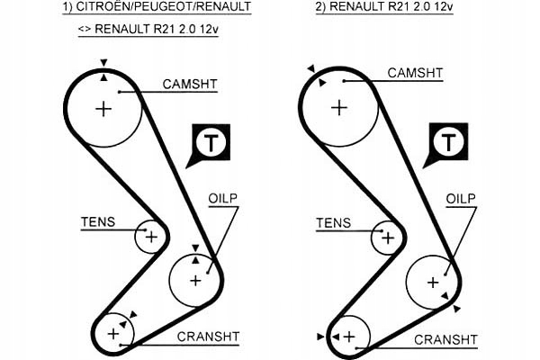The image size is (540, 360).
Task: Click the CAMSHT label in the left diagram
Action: click(x=190, y=84)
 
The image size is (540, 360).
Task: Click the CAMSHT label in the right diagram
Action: click(x=415, y=73)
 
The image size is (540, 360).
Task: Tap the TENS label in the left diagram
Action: click(x=98, y=222)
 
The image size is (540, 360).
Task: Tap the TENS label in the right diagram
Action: click(x=333, y=223)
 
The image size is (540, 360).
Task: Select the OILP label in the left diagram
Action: click(x=223, y=198)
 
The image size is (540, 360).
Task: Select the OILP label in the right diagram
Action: click(x=461, y=199)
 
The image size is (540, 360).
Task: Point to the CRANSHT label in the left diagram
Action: click(x=208, y=337)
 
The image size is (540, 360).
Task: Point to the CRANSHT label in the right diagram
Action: click(x=445, y=339)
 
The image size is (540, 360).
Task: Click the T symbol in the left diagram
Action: click(x=211, y=142)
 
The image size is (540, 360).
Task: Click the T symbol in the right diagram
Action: click(x=448, y=141)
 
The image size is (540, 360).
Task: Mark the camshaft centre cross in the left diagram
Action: click(x=103, y=110)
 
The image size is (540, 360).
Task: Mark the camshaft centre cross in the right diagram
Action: click(x=339, y=108)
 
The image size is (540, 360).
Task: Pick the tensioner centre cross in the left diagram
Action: click(x=151, y=237)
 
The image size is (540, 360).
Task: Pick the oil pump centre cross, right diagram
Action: click(x=433, y=283)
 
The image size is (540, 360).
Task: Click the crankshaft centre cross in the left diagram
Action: click(x=113, y=334)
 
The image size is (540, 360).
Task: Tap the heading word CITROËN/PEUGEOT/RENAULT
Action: click(x=164, y=6)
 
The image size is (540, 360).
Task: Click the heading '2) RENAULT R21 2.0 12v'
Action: click(x=384, y=6)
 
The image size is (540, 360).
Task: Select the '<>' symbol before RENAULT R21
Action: click(x=85, y=29)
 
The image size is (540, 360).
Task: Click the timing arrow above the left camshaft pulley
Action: click(x=103, y=63)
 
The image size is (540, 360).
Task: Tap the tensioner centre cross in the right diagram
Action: click(x=388, y=238)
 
